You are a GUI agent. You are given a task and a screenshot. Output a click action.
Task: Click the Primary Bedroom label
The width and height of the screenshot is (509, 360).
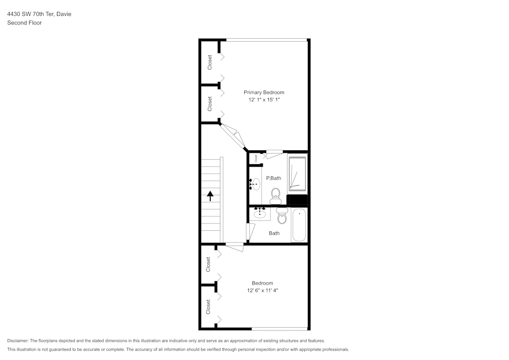264,92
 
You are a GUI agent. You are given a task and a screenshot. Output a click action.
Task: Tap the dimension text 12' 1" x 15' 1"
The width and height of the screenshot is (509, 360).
264,100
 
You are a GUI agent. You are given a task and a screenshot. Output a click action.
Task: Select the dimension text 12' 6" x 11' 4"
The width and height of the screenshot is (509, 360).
262,291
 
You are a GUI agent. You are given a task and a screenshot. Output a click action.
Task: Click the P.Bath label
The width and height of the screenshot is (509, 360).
273,178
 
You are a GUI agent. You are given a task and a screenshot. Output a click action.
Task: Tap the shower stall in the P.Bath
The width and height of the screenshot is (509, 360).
297,174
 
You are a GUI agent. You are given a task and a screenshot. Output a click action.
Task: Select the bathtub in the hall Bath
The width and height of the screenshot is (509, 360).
299,225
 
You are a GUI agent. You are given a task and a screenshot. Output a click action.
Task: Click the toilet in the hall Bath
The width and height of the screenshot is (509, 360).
282,217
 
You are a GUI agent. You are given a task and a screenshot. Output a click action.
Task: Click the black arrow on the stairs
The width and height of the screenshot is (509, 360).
210,195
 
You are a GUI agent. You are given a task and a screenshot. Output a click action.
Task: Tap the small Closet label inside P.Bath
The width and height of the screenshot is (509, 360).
256,158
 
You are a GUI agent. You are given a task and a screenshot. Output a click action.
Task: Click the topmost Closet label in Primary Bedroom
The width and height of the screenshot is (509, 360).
210,62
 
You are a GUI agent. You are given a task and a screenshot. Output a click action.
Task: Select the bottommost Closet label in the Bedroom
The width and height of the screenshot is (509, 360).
208,307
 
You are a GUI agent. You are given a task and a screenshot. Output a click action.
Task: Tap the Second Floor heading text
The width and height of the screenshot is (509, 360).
24,23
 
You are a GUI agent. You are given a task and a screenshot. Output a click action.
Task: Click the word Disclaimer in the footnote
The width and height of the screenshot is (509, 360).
18,341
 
